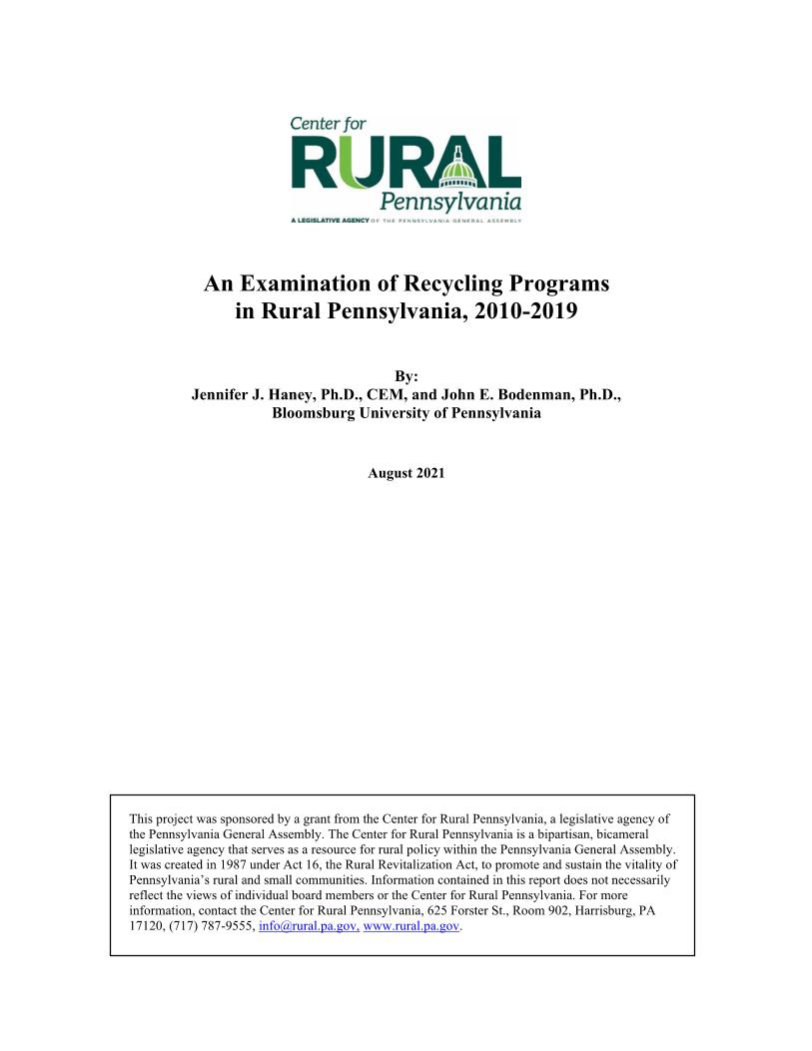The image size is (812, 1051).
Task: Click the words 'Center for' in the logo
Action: (328, 125)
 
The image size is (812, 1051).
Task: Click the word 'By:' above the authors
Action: (406, 376)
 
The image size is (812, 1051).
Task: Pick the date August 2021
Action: (406, 473)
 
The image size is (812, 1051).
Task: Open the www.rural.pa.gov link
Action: (412, 926)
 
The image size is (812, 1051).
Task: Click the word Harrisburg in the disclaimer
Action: (586, 911)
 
